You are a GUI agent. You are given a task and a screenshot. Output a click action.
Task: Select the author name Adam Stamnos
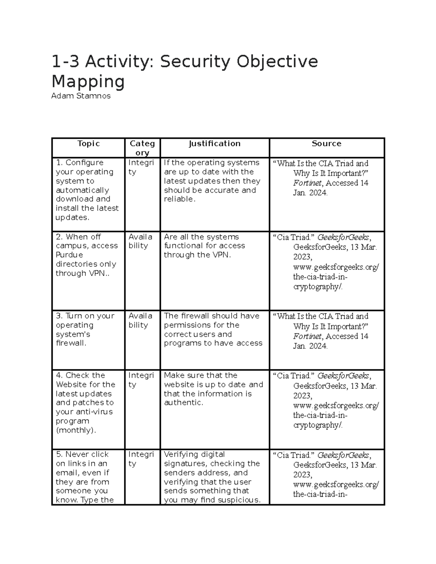[x=81, y=96]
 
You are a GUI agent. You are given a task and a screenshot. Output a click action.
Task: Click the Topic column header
[x=88, y=144]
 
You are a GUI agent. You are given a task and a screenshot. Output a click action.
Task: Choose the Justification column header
[x=214, y=144]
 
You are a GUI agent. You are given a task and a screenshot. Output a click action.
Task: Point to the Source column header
[x=326, y=144]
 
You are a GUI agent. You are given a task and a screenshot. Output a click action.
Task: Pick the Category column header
[x=142, y=148]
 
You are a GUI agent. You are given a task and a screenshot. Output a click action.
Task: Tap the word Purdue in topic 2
[x=69, y=255]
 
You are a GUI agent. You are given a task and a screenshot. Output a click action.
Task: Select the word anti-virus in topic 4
[x=95, y=412]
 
